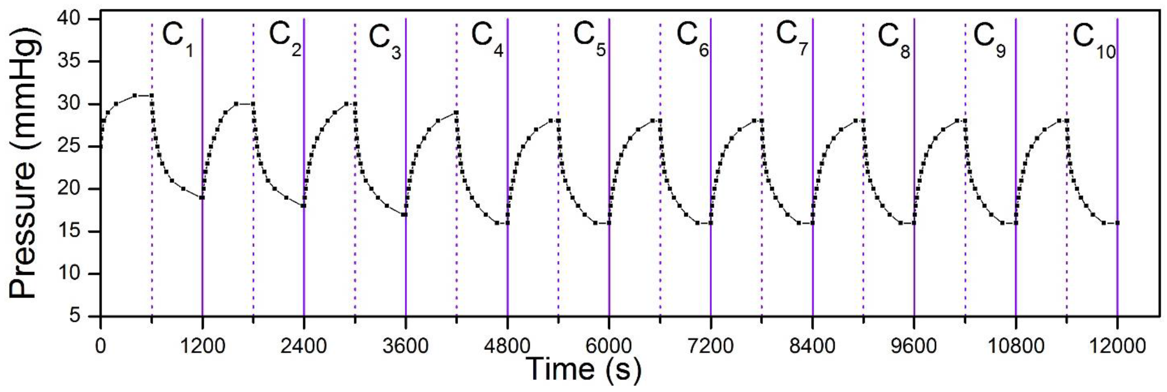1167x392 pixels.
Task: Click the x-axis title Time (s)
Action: [x=585, y=369]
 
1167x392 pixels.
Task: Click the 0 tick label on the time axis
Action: [x=100, y=347]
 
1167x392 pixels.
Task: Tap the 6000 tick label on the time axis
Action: [x=609, y=347]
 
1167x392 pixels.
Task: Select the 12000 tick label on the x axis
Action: [x=1117, y=347]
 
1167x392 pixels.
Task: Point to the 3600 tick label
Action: [x=406, y=347]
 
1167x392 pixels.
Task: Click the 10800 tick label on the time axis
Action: [x=1016, y=347]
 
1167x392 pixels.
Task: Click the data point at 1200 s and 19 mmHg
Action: [x=202, y=197]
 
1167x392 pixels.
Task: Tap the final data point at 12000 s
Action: [x=1117, y=223]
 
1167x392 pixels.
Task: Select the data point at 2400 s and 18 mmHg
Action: [x=303, y=206]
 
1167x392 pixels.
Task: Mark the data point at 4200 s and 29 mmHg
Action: [x=456, y=113]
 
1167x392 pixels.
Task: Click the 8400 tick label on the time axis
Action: [x=812, y=347]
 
